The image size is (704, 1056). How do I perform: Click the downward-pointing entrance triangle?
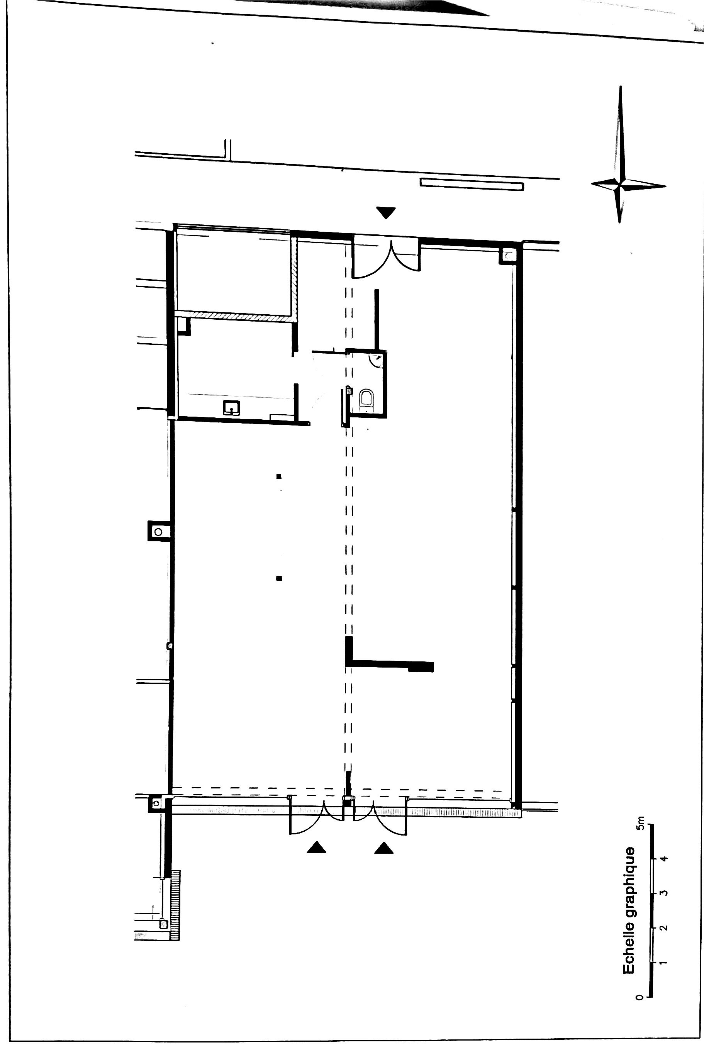click(386, 213)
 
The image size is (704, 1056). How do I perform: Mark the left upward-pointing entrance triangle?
click(317, 846)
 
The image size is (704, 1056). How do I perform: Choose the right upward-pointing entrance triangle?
click(384, 847)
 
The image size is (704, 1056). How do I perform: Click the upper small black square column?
click(279, 476)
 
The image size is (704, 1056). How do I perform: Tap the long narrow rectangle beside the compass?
click(472, 184)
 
